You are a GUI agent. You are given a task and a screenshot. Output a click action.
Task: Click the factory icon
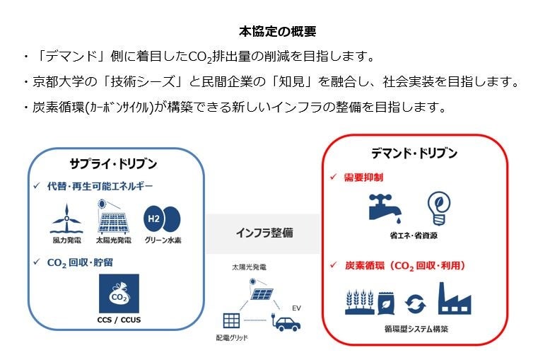(454, 298)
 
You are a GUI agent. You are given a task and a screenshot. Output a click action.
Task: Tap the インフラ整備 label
(263, 233)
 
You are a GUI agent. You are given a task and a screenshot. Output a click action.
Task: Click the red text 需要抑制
(363, 176)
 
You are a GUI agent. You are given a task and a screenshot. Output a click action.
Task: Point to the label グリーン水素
(163, 240)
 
